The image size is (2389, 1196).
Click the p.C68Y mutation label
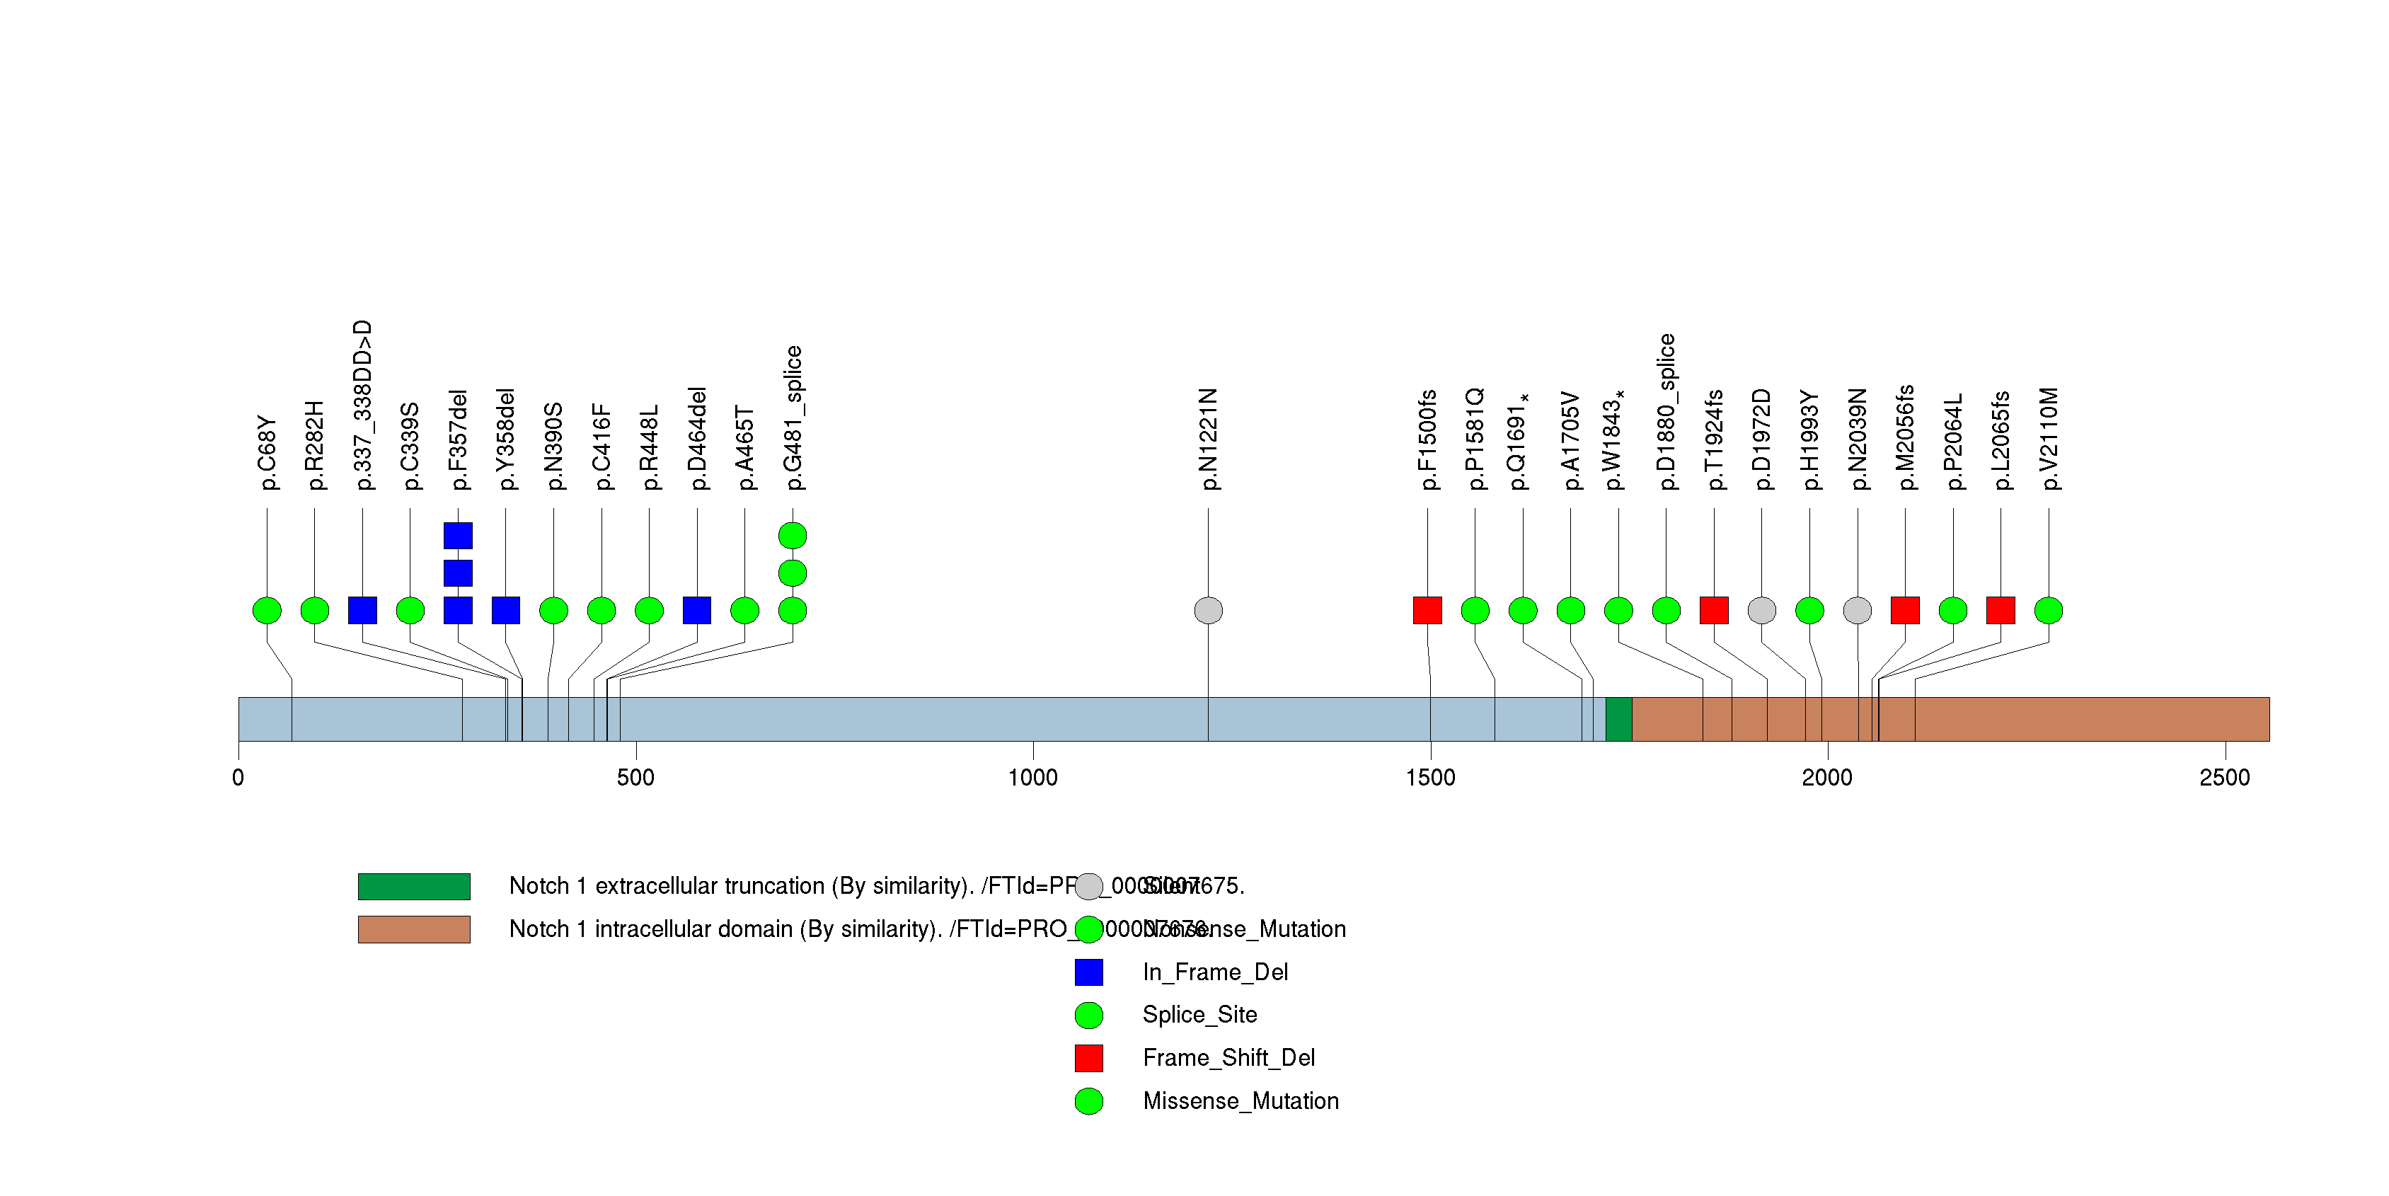tap(267, 452)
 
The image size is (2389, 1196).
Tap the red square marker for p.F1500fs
tap(1427, 610)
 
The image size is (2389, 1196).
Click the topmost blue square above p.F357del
tap(458, 536)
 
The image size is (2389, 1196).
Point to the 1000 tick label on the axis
tap(1032, 777)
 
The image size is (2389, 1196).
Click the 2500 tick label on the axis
tap(2224, 777)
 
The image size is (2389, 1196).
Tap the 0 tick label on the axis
tap(238, 777)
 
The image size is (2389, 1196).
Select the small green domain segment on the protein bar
tap(1618, 720)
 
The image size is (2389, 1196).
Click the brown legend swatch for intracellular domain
tap(414, 929)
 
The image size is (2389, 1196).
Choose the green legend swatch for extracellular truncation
tap(414, 886)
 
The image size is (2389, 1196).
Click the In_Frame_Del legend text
tap(1215, 972)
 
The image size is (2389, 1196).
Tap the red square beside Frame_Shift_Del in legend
tap(1089, 1058)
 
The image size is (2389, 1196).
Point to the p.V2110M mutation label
tap(2049, 439)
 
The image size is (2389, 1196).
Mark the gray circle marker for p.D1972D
tap(1761, 610)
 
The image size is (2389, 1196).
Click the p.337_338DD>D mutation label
tap(362, 406)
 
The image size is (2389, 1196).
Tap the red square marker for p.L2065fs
tap(2001, 610)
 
